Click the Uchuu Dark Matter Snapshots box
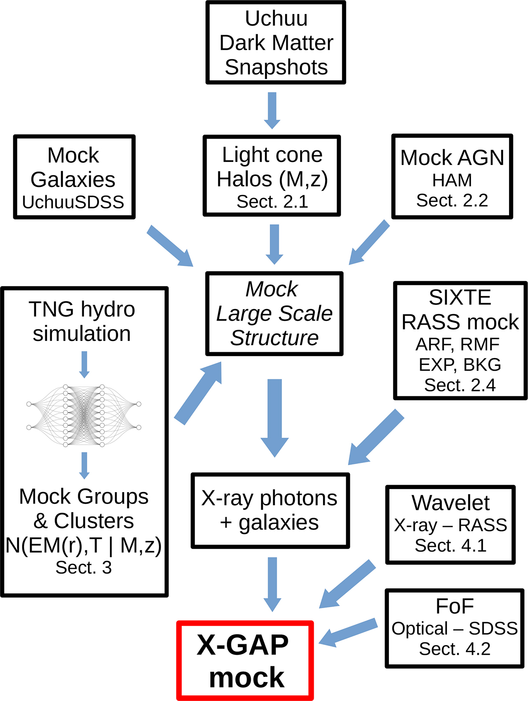click(276, 43)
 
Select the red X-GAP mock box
click(245, 661)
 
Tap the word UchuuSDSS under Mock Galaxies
click(73, 202)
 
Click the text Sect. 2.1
click(272, 201)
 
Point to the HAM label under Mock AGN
click(452, 180)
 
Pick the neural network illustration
click(84, 416)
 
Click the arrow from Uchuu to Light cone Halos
click(272, 110)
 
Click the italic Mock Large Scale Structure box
click(274, 314)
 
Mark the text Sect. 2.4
click(460, 385)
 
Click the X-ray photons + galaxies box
click(270, 511)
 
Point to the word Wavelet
click(451, 503)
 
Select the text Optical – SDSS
click(455, 628)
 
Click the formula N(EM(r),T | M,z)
click(84, 545)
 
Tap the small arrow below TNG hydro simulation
click(84, 365)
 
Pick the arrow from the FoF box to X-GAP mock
click(348, 632)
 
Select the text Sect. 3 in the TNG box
click(84, 568)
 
